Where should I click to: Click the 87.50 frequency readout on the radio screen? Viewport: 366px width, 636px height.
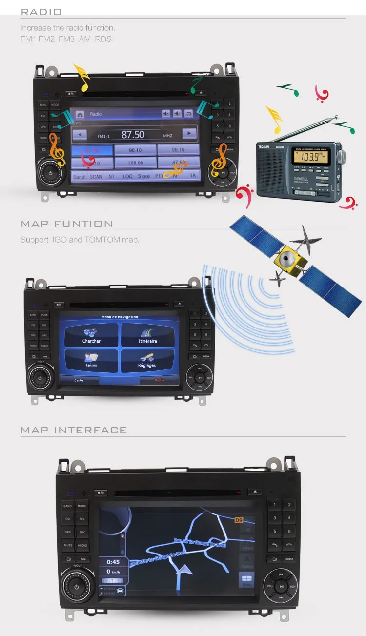pos(133,134)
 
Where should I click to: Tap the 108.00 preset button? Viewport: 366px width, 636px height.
pos(135,163)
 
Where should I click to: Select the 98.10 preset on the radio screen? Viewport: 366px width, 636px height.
pos(178,150)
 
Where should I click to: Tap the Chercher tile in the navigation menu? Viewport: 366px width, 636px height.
pos(91,335)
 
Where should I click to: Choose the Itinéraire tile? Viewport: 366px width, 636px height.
pos(147,335)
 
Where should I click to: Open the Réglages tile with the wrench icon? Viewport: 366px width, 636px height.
pos(147,360)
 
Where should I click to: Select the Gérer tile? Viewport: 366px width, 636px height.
pos(91,360)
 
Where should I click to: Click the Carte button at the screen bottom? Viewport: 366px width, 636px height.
pos(79,380)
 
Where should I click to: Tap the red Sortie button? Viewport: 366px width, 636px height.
pos(160,380)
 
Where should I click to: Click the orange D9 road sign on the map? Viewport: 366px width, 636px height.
pos(239,520)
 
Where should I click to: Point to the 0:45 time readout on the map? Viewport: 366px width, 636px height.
pos(113,562)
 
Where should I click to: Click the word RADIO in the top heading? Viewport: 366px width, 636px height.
pos(41,12)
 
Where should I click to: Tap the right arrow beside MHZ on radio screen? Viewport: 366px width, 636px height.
pos(189,133)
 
